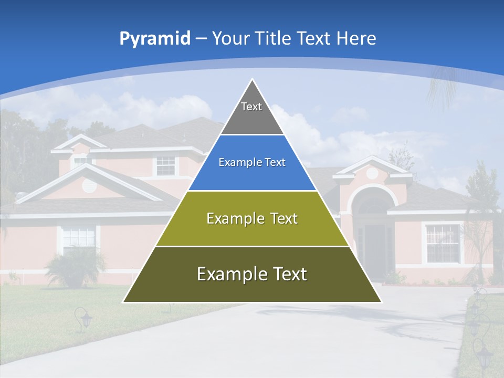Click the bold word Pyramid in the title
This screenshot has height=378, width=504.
pos(155,39)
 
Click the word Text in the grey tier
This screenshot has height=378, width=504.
pos(251,107)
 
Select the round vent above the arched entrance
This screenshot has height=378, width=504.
pos(372,173)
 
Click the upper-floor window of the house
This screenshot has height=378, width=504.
pos(166,165)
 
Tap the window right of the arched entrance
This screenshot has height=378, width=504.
pos(443,243)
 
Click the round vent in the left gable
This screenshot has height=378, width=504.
pos(89,185)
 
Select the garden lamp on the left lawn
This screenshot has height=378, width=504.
pos(83,318)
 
